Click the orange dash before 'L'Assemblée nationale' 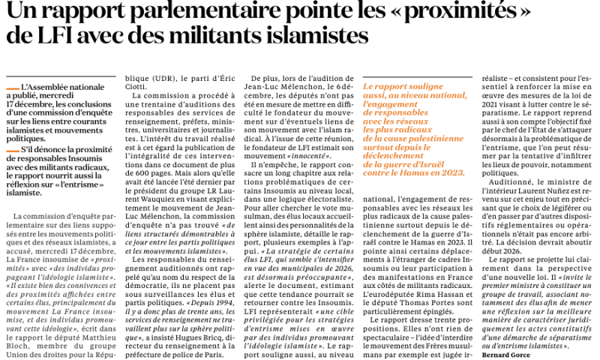pyautogui.click(x=12, y=88)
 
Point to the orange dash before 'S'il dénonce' pyautogui.click(x=12, y=151)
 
